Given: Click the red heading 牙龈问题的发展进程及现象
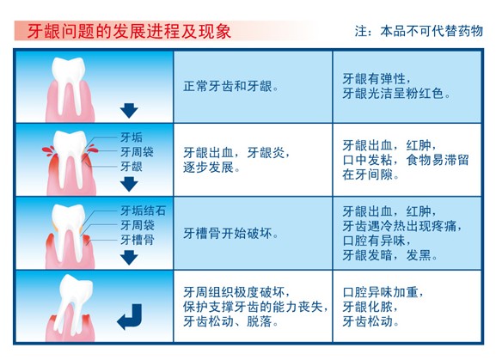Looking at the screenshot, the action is [x=129, y=31].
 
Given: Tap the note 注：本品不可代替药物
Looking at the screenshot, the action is [x=419, y=31].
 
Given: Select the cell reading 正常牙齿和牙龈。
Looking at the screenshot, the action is [x=231, y=87].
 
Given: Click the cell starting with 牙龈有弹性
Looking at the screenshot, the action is [x=396, y=86].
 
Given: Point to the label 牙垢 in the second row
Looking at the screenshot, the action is [x=132, y=137].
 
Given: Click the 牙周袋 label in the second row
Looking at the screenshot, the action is [x=137, y=152].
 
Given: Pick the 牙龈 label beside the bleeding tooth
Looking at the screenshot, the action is [x=132, y=167].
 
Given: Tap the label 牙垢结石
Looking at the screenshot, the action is [x=143, y=211].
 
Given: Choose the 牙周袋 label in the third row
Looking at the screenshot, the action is [x=138, y=225].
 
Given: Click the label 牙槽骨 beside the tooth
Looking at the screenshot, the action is [x=138, y=240].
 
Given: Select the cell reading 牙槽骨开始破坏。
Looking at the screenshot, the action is [x=230, y=234].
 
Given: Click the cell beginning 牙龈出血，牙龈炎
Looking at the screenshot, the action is [x=236, y=160].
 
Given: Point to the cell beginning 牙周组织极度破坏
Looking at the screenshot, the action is [x=255, y=307].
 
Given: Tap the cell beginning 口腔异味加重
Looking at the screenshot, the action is [x=383, y=307].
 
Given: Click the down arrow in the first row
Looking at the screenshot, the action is [x=129, y=110].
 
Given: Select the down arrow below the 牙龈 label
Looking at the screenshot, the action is [x=129, y=184].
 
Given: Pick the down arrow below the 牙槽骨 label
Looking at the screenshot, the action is [x=129, y=258].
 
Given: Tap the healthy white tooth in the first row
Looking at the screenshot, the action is [x=69, y=86].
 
